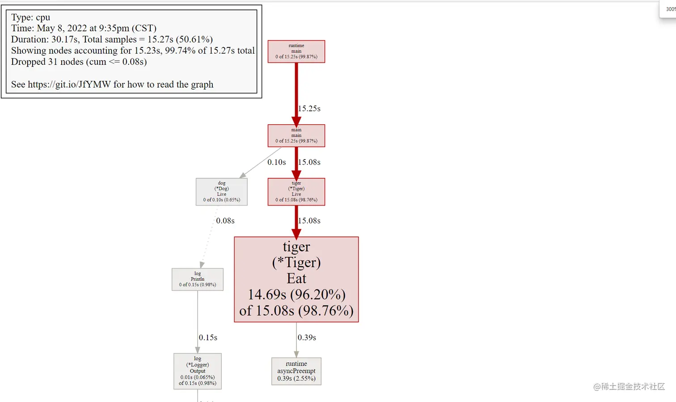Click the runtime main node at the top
pyautogui.click(x=296, y=51)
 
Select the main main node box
pyautogui.click(x=296, y=135)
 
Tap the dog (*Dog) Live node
pyautogui.click(x=221, y=192)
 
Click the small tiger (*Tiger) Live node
pyautogui.click(x=296, y=192)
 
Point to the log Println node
pyautogui.click(x=197, y=279)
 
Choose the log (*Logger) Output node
pyautogui.click(x=197, y=371)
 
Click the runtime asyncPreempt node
pyautogui.click(x=296, y=371)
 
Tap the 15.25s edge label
pyautogui.click(x=309, y=109)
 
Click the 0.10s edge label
pyautogui.click(x=276, y=162)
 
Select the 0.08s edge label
pyautogui.click(x=225, y=221)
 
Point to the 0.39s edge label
pyautogui.click(x=307, y=337)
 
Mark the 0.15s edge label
pyautogui.click(x=208, y=337)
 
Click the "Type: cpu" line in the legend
pyautogui.click(x=30, y=17)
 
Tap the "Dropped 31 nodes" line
pyautogui.click(x=79, y=62)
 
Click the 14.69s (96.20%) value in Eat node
pyautogui.click(x=296, y=294)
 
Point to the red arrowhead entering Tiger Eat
pyautogui.click(x=296, y=233)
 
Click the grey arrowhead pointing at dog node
pyautogui.click(x=243, y=176)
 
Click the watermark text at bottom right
pyautogui.click(x=629, y=386)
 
